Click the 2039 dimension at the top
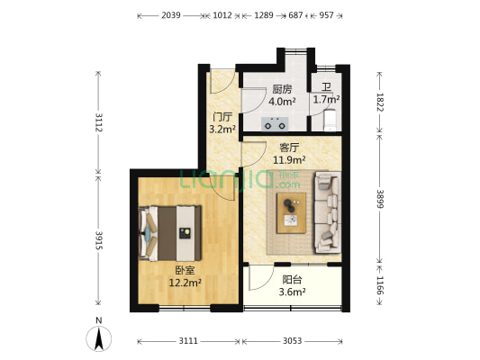pyautogui.click(x=171, y=15)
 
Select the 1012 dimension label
pyautogui.click(x=222, y=15)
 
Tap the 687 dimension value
pyautogui.click(x=295, y=15)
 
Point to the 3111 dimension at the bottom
pyautogui.click(x=188, y=341)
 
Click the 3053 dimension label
pyautogui.click(x=292, y=341)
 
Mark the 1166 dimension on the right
pyautogui.click(x=380, y=285)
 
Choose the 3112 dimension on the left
pyautogui.click(x=98, y=122)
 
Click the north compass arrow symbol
pyautogui.click(x=98, y=338)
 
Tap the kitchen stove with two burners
pyautogui.click(x=275, y=124)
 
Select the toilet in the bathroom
pyautogui.click(x=330, y=120)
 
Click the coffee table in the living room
pyautogui.click(x=291, y=213)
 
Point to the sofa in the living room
pyautogui.click(x=327, y=212)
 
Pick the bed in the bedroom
pyautogui.click(x=170, y=233)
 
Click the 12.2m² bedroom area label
pyautogui.click(x=186, y=283)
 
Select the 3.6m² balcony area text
pyautogui.click(x=292, y=292)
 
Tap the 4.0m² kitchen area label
pyautogui.click(x=282, y=101)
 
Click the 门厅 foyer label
pyautogui.click(x=222, y=116)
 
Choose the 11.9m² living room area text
pyautogui.click(x=289, y=159)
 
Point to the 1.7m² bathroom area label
pyautogui.click(x=326, y=99)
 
